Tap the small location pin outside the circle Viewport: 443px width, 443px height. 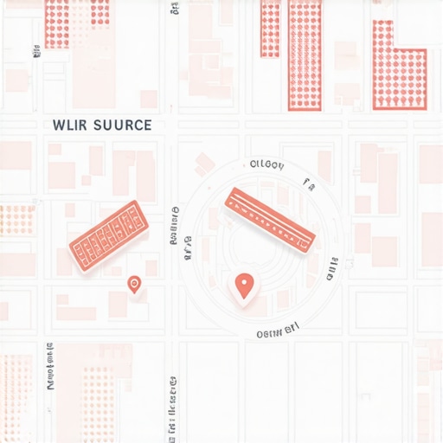(x=134, y=284)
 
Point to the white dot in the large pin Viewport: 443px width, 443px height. (x=245, y=282)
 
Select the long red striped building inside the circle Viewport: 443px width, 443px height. (x=269, y=220)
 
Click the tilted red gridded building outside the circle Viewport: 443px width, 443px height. (x=109, y=231)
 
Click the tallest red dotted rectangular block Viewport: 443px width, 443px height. (x=305, y=54)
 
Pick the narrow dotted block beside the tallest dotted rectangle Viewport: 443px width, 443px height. (x=270, y=29)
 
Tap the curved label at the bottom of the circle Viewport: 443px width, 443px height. (x=277, y=331)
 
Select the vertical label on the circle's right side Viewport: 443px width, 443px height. (x=331, y=270)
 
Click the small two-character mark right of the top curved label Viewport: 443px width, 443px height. (x=306, y=182)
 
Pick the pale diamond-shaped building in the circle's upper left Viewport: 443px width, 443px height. (x=206, y=162)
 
